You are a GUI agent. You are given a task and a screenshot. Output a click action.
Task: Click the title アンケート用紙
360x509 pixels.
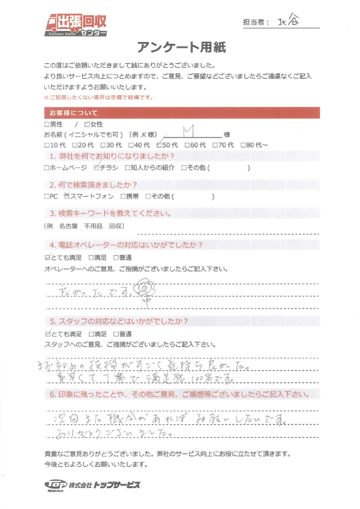[x=181, y=48]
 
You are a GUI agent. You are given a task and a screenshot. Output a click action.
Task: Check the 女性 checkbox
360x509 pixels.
[x=87, y=124]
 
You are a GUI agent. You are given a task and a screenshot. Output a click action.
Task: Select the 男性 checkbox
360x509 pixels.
[x=47, y=124]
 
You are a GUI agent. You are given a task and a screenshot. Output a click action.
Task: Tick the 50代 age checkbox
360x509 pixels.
[x=159, y=144]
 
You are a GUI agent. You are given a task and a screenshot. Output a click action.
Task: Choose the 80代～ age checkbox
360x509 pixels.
[x=243, y=144]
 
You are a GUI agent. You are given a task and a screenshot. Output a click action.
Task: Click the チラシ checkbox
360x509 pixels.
[x=97, y=168]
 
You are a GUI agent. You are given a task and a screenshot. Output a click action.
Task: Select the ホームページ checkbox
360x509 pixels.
[x=47, y=168]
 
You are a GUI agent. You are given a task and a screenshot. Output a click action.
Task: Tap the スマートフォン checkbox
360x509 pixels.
[x=66, y=196]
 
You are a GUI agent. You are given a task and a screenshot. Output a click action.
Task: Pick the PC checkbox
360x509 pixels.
[x=47, y=196]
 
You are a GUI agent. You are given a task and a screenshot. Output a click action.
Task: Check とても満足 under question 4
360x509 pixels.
[x=48, y=257]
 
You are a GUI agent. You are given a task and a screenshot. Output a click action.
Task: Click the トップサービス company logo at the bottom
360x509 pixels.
[x=93, y=485]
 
